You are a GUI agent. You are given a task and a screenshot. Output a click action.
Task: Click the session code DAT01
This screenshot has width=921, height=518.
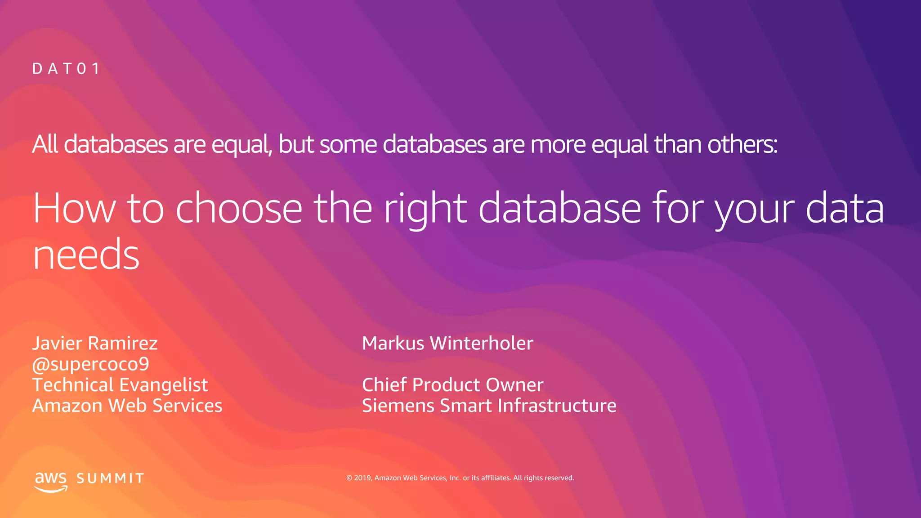point(66,69)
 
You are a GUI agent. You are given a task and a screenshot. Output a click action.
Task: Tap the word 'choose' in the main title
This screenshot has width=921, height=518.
point(239,208)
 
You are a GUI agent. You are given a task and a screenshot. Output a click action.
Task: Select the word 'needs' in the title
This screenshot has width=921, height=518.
point(86,255)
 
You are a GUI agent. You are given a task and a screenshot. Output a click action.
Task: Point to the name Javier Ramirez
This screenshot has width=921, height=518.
point(95,343)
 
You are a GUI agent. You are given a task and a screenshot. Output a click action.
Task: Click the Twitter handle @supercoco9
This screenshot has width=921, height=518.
point(90,364)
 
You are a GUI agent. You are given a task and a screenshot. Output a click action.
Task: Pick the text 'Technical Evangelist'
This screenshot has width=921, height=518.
point(120,385)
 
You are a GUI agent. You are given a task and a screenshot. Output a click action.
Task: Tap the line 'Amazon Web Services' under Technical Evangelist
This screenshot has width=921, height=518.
point(127,406)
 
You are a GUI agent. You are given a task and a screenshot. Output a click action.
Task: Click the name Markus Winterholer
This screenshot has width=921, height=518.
point(447,343)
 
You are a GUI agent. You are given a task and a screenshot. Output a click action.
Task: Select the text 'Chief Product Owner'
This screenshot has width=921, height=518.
point(452,385)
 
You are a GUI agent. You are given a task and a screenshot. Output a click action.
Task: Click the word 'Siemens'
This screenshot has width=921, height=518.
point(398,406)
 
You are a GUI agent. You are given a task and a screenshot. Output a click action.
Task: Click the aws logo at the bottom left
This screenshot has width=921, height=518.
point(51,481)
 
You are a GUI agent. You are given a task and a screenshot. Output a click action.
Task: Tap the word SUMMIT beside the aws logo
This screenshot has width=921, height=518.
point(110,478)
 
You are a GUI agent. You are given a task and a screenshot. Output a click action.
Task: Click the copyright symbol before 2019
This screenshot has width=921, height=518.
point(349,478)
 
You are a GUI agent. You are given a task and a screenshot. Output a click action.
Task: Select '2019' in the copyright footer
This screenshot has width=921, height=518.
point(362,478)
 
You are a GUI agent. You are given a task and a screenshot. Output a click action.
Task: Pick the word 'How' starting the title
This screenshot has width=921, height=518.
point(74,208)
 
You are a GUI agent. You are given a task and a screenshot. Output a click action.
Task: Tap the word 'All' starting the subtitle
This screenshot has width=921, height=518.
point(45,144)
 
